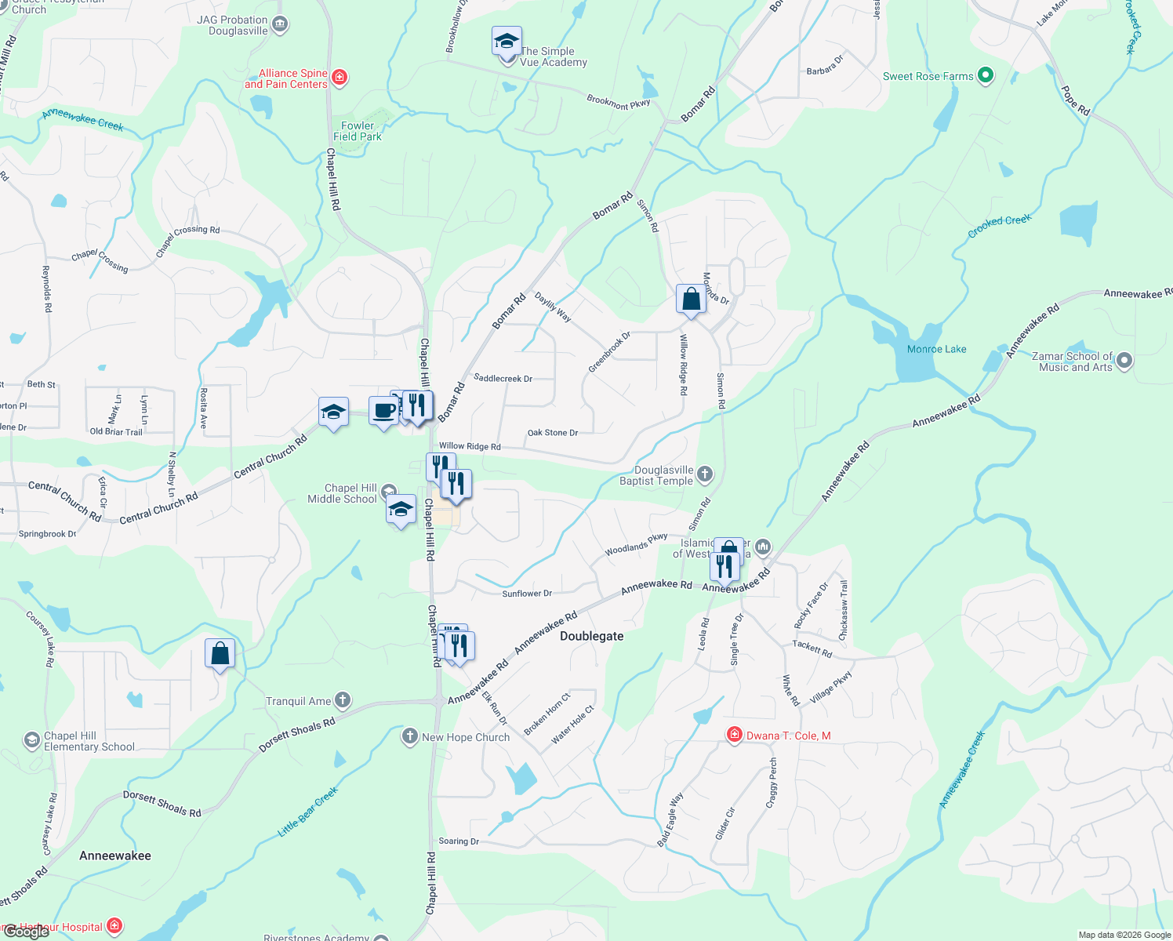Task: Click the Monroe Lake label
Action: tap(936, 349)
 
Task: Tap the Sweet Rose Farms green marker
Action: tap(986, 76)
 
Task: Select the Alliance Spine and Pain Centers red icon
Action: tap(340, 78)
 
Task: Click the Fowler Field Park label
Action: tap(358, 131)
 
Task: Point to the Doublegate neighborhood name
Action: tap(591, 636)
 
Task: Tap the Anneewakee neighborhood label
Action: tap(115, 856)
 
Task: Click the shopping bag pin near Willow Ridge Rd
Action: tap(691, 300)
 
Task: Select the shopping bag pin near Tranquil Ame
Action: tap(220, 654)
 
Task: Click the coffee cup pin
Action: tap(383, 411)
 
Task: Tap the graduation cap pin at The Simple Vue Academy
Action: tap(507, 41)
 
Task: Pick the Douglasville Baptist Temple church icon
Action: tap(705, 473)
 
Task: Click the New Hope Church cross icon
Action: tap(409, 736)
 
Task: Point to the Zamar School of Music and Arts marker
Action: tap(1124, 361)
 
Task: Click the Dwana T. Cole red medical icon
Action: tap(735, 735)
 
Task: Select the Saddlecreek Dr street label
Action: tap(503, 379)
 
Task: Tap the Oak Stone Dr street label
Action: tap(553, 433)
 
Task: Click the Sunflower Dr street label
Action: tap(527, 594)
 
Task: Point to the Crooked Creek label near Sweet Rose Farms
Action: tap(999, 225)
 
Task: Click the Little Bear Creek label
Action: tap(307, 812)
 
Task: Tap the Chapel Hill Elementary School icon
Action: tap(31, 740)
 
